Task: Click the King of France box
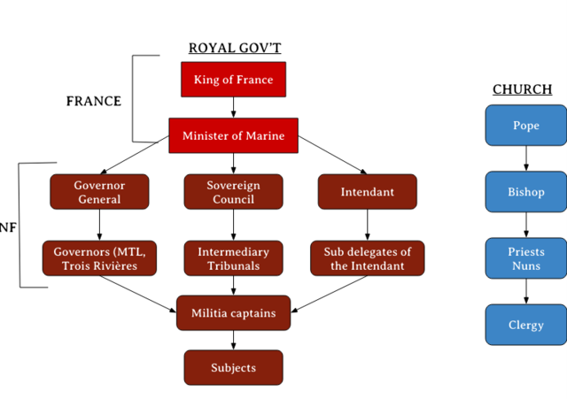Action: [x=233, y=80]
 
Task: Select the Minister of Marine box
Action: [x=233, y=135]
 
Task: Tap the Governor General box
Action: [x=99, y=192]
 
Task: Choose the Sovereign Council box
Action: [x=233, y=192]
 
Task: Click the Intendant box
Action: [x=367, y=192]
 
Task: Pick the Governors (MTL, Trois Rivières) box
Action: [x=99, y=258]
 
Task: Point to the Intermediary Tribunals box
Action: [x=233, y=258]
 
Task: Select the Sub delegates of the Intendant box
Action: [x=367, y=258]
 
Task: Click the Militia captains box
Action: [x=233, y=313]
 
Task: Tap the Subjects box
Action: [x=233, y=367]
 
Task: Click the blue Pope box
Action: [x=525, y=125]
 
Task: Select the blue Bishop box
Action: [x=525, y=192]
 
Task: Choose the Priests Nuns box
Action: [x=525, y=258]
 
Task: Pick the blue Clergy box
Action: [x=525, y=325]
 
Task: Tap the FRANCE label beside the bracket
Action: [x=94, y=101]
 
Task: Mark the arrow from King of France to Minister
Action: [x=233, y=107]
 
